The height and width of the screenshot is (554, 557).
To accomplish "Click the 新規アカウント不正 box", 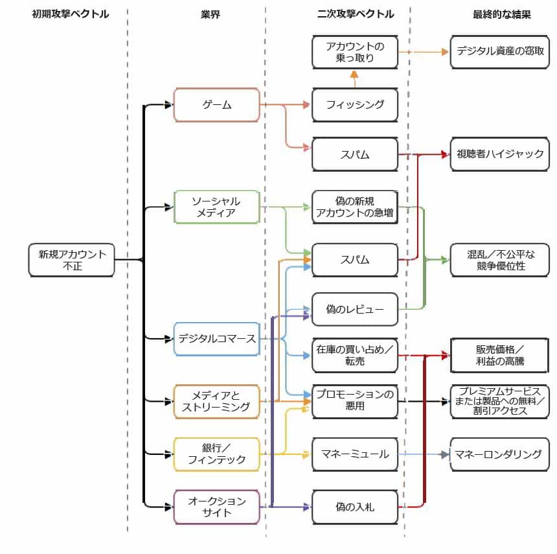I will click(72, 260).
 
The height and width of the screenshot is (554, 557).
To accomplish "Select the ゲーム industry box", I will click(217, 105).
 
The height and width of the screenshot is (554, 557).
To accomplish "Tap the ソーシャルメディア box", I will click(217, 207).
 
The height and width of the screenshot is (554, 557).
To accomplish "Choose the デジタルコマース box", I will click(217, 338).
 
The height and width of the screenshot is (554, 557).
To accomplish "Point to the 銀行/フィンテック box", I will click(217, 454).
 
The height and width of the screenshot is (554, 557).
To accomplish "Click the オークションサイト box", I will click(217, 507).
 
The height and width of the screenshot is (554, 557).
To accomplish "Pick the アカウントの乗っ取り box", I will click(355, 52).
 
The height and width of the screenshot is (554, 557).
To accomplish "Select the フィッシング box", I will click(355, 105).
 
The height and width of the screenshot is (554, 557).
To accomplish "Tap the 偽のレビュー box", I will click(355, 310).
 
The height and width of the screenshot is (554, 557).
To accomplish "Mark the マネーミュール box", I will click(355, 454).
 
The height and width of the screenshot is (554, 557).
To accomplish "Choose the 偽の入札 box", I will click(355, 507).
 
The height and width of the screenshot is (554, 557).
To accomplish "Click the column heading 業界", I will click(210, 14).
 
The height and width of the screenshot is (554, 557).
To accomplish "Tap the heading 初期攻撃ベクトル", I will click(71, 14).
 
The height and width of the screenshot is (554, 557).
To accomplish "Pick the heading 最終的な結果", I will click(502, 14).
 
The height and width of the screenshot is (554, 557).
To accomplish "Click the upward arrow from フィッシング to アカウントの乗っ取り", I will click(354, 78).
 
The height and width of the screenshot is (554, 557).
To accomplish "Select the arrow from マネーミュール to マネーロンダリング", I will click(424, 454).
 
